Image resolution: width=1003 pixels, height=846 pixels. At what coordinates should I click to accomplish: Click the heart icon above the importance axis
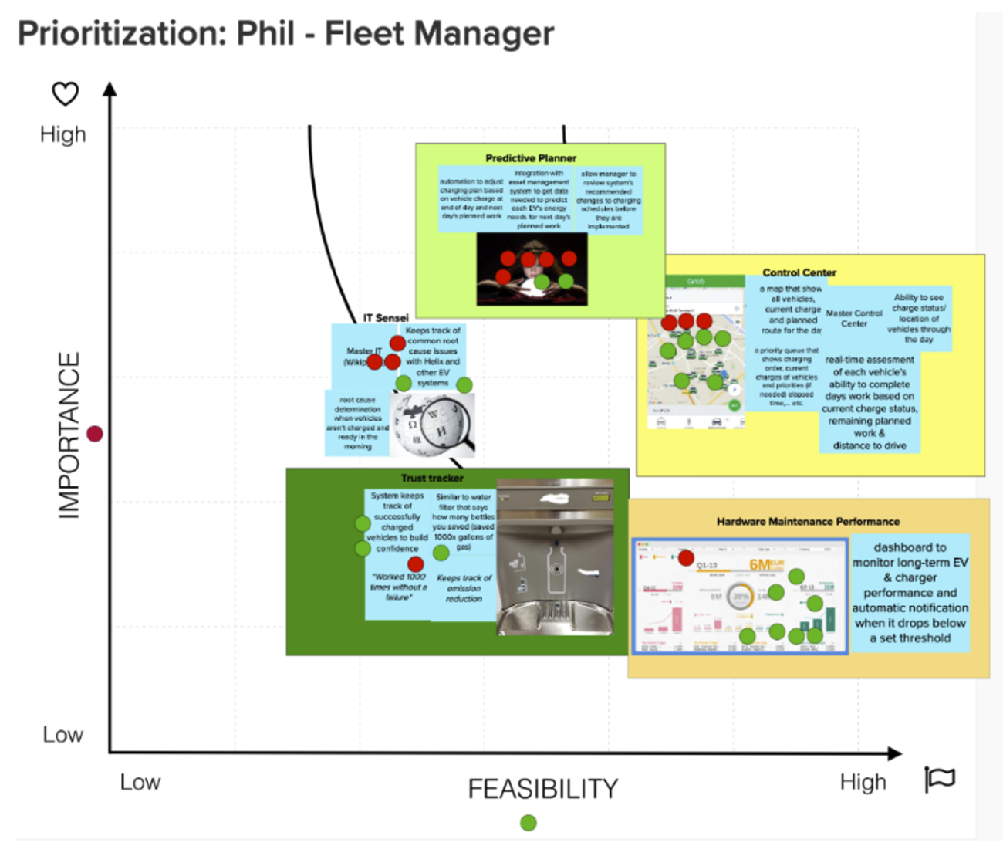point(66,94)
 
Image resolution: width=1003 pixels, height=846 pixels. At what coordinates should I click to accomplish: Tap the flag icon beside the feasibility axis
point(940,779)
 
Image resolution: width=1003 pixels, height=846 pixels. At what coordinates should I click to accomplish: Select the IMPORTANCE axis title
point(69,435)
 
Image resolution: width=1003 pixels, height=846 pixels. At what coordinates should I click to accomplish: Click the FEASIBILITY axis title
point(542,789)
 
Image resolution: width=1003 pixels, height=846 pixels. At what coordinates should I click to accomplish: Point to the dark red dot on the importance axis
point(95,434)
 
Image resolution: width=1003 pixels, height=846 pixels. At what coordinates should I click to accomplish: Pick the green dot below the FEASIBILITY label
point(529,823)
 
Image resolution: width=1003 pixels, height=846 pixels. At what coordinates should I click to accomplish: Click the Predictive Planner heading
point(531,158)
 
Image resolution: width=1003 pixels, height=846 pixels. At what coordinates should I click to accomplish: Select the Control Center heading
point(799,272)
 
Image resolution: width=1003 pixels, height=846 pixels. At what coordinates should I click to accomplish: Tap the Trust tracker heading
point(432,478)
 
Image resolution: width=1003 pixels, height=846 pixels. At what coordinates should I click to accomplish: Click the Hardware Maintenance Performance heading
point(808,522)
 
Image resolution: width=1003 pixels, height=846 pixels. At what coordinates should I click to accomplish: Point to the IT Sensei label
point(386,317)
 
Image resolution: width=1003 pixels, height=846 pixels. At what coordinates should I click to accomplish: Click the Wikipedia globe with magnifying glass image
point(433,425)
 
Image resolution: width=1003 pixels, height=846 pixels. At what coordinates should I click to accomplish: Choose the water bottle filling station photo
point(555,557)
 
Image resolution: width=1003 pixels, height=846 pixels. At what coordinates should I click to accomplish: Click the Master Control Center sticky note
point(854,318)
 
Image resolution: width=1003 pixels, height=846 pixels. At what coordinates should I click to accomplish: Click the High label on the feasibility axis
point(863,782)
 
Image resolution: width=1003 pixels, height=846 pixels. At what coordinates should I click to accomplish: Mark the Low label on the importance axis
point(62,734)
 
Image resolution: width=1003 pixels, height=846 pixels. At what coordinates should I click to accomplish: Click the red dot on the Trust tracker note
point(415,564)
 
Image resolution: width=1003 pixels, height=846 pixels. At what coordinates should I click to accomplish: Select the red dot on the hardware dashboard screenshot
point(686,557)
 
